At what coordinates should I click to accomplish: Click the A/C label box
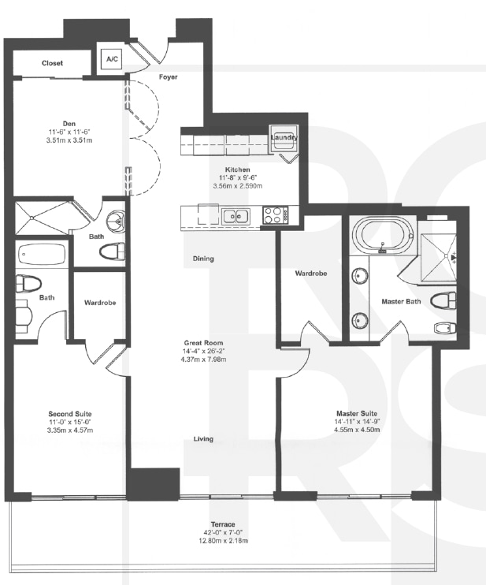coord(109,61)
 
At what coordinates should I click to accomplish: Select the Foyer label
coord(168,77)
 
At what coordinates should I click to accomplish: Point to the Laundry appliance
coord(283,137)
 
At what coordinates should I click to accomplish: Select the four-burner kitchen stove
coord(275,214)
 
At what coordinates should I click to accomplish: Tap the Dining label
coord(203,259)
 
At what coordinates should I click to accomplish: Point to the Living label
coord(204,439)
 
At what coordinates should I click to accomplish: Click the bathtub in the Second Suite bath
coord(43,255)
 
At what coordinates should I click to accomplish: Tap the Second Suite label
coord(70,413)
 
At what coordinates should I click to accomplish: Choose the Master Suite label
coord(357,413)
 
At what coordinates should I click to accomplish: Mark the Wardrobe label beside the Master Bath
coord(311,274)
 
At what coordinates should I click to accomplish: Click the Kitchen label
coord(237,170)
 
